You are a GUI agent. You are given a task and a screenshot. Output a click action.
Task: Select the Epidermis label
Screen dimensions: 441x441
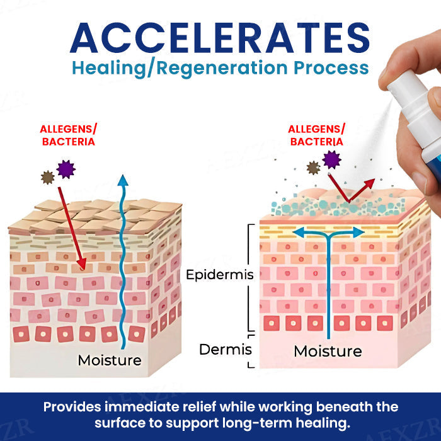[220, 275]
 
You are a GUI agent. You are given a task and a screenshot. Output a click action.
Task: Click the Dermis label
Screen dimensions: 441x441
[226, 349]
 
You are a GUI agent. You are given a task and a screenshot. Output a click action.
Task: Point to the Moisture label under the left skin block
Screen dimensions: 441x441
[109, 360]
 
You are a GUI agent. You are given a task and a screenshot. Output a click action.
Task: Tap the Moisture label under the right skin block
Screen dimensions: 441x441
[328, 350]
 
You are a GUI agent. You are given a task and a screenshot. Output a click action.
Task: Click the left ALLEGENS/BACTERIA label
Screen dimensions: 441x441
[68, 135]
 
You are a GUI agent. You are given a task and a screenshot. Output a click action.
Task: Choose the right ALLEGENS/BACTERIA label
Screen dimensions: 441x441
[317, 135]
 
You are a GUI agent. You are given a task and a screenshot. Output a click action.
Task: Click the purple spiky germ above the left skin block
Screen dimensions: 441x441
[66, 168]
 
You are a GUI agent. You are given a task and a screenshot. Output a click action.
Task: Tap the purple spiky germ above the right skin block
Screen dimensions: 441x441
[331, 159]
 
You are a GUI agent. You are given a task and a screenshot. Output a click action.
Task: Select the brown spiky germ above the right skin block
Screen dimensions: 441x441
[313, 168]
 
